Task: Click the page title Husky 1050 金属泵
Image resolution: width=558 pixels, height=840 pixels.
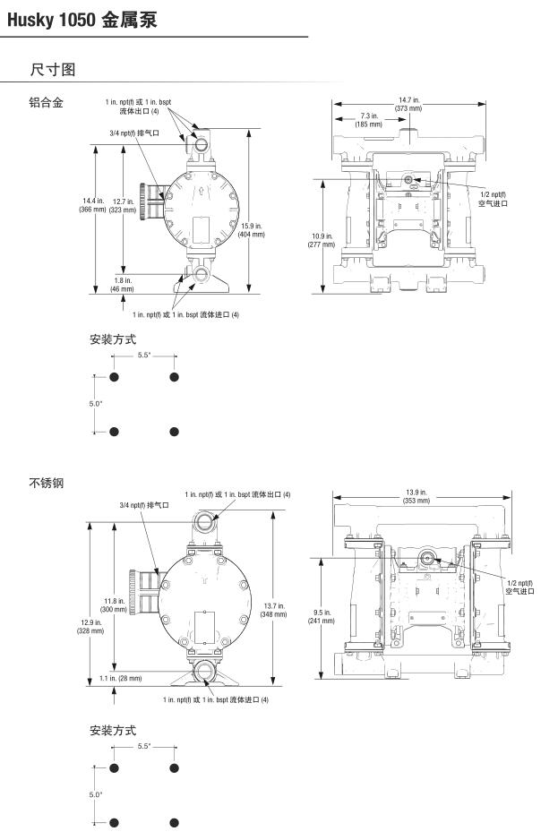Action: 81,19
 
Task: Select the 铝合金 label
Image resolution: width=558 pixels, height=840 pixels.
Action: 46,104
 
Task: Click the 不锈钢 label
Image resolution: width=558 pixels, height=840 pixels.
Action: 46,484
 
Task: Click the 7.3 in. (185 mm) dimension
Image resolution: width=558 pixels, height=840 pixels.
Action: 368,120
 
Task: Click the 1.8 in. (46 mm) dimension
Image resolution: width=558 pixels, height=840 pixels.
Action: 122,285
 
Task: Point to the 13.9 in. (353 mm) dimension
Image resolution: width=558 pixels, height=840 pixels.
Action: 416,497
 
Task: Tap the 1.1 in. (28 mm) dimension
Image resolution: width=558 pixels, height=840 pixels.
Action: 121,678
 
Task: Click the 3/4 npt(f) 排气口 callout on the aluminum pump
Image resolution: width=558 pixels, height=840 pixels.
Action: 134,133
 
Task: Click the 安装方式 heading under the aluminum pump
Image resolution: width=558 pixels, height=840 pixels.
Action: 113,339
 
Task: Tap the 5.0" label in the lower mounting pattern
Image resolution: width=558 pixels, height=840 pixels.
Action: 95,794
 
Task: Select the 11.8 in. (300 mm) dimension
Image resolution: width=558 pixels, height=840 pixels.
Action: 114,604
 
